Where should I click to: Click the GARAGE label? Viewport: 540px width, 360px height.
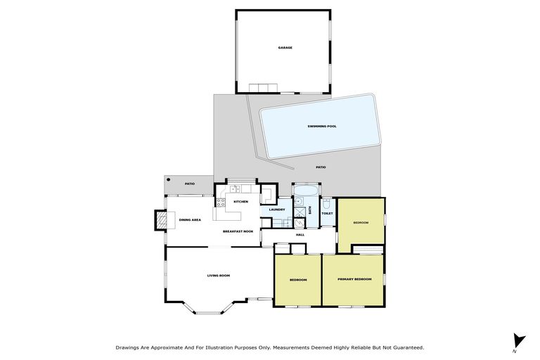tap(284, 48)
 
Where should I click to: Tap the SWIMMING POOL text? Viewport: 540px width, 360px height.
tap(322, 127)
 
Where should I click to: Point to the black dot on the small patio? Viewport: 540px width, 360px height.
tap(169, 180)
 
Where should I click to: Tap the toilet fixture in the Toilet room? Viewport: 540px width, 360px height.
tap(327, 204)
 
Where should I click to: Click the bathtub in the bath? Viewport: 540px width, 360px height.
tap(306, 193)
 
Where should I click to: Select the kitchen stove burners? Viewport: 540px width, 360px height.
tap(220, 203)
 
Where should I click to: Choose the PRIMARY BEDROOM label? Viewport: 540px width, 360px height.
tap(354, 280)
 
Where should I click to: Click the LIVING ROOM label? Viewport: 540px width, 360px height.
tap(218, 276)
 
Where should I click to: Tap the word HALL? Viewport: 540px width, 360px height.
tap(300, 234)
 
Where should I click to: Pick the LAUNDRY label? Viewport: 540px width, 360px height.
tap(276, 210)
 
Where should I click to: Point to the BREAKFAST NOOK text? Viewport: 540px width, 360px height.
tap(238, 231)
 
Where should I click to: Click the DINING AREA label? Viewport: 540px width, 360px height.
tap(190, 220)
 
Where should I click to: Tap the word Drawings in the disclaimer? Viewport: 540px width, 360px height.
tap(129, 347)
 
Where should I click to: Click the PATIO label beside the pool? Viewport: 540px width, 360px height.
tap(321, 167)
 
